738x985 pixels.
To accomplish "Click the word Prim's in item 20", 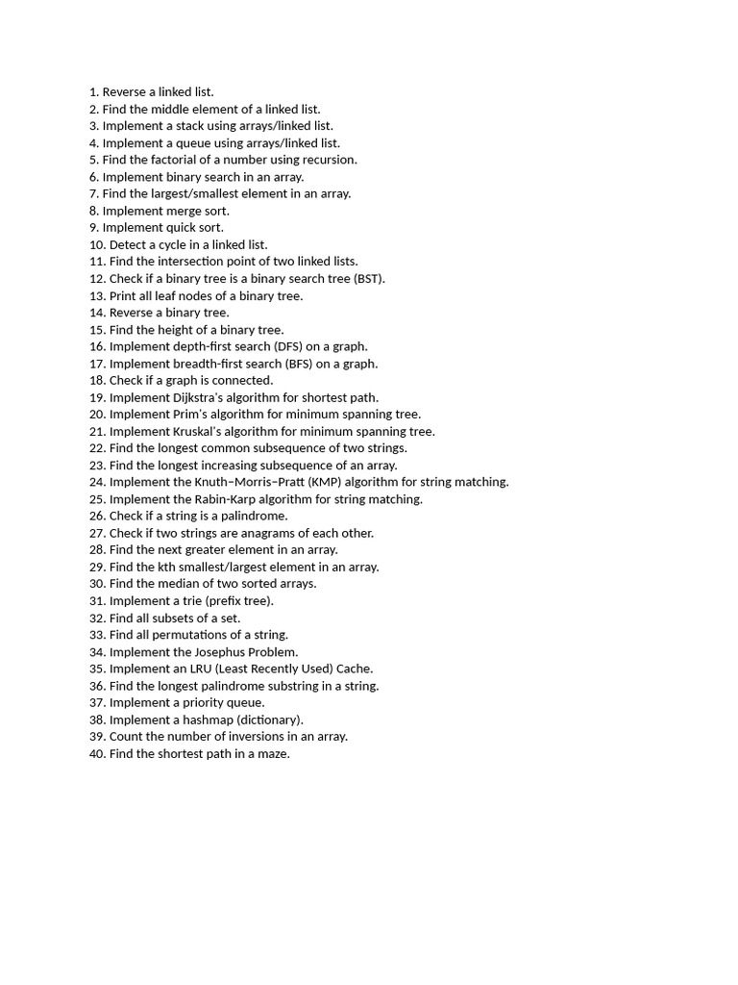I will point(188,415).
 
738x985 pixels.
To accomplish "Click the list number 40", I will point(96,754).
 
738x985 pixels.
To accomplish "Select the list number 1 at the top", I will point(92,92).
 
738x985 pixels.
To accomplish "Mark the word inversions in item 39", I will point(238,737).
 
